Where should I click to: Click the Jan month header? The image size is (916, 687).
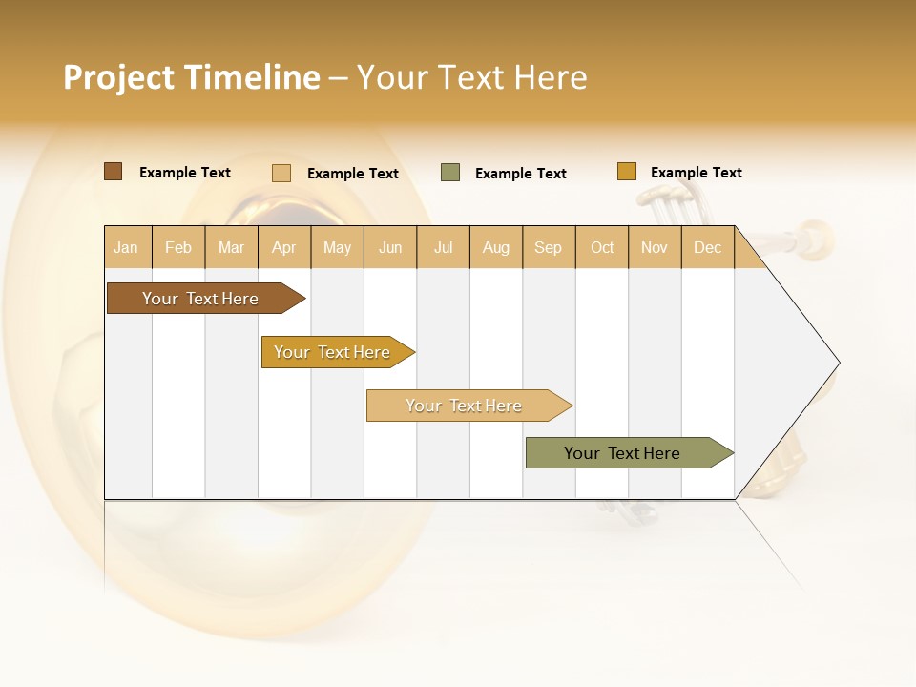127,247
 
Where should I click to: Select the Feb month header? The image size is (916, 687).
178,247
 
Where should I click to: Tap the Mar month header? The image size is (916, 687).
231,247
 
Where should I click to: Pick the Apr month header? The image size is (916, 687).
284,247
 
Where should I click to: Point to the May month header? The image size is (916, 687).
337,247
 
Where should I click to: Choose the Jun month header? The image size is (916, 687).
390,247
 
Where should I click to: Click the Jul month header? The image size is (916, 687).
443,247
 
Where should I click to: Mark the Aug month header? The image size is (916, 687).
496,247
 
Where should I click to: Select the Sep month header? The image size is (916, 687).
549,247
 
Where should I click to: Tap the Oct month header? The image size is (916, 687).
602,247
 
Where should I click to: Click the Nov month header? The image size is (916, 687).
655,247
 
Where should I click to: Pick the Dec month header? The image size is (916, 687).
708,247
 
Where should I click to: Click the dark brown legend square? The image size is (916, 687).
114,172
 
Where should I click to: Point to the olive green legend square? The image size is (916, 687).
450,173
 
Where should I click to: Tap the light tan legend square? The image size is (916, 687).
281,173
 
